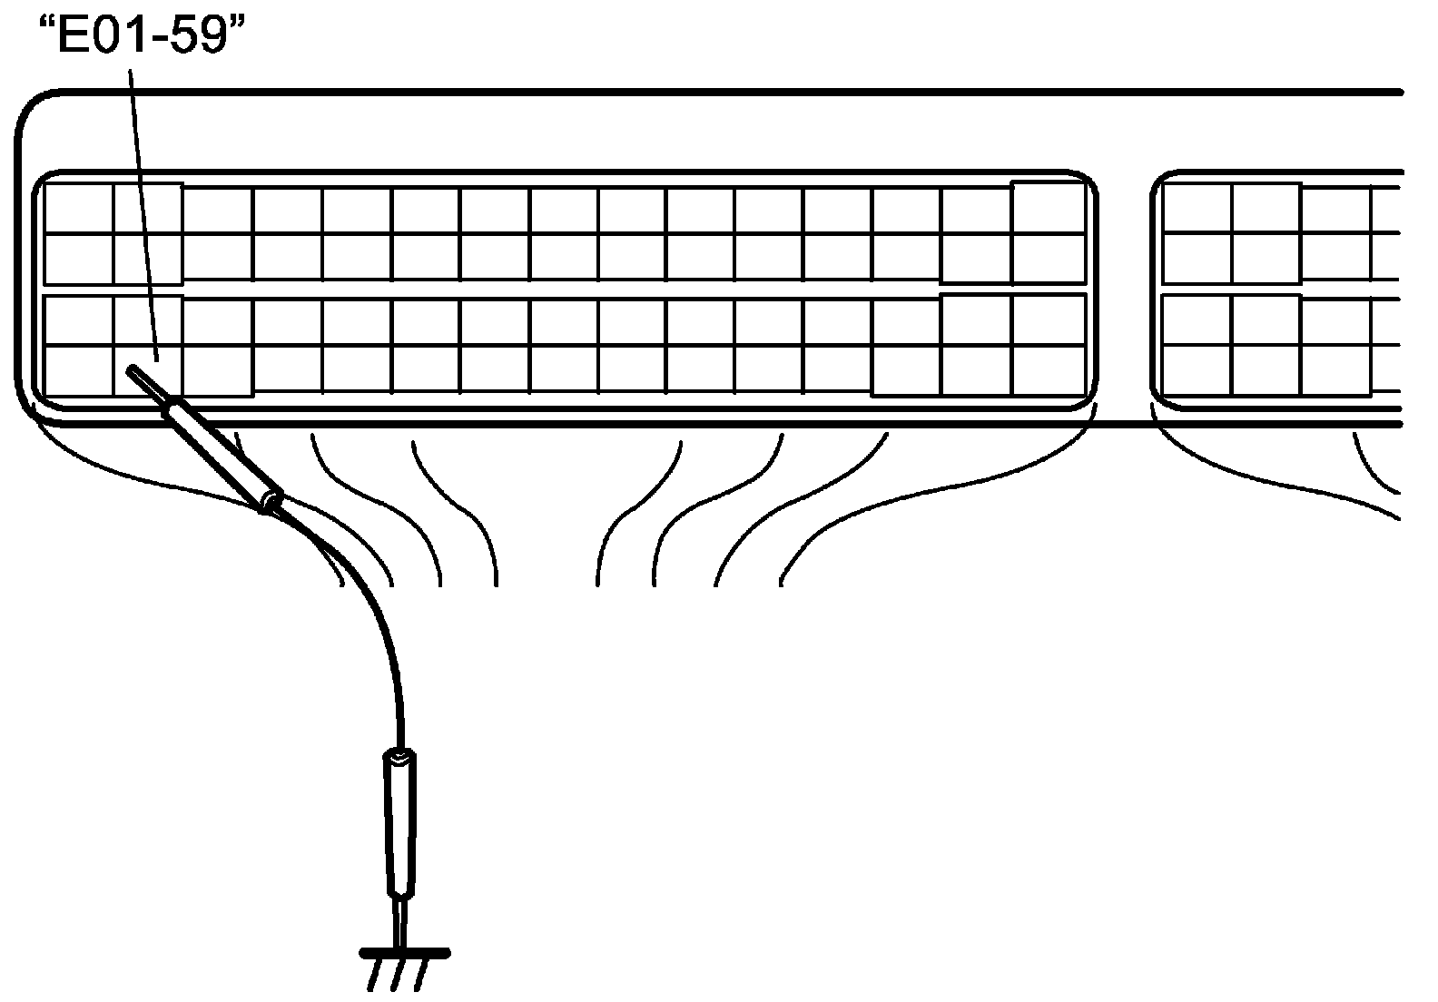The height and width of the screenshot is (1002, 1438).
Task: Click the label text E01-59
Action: coord(143,36)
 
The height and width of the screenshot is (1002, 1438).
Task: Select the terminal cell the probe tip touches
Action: coord(148,370)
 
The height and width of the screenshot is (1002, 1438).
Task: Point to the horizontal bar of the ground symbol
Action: coord(405,953)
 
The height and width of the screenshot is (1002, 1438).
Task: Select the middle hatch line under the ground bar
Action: coord(398,975)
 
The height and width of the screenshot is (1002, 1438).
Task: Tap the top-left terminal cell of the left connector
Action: coord(79,210)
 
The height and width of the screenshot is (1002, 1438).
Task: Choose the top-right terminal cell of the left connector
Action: coord(1049,208)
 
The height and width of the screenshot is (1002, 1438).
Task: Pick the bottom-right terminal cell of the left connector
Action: coord(1049,371)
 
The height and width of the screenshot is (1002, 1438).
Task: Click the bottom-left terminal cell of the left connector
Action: coord(79,371)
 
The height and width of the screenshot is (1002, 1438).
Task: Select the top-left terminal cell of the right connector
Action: coord(1197,210)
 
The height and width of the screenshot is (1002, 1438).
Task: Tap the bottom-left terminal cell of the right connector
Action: coord(1197,371)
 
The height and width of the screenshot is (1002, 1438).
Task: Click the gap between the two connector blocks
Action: coord(1124,290)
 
